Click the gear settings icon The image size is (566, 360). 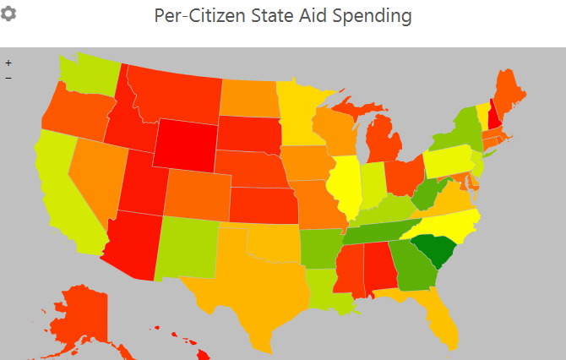pos(8,14)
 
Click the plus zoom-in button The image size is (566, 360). pos(8,63)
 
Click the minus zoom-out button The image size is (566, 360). pos(8,78)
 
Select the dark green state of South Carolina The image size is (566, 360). pos(436,248)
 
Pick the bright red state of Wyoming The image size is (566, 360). pos(185,145)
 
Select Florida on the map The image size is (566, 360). pos(441,317)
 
